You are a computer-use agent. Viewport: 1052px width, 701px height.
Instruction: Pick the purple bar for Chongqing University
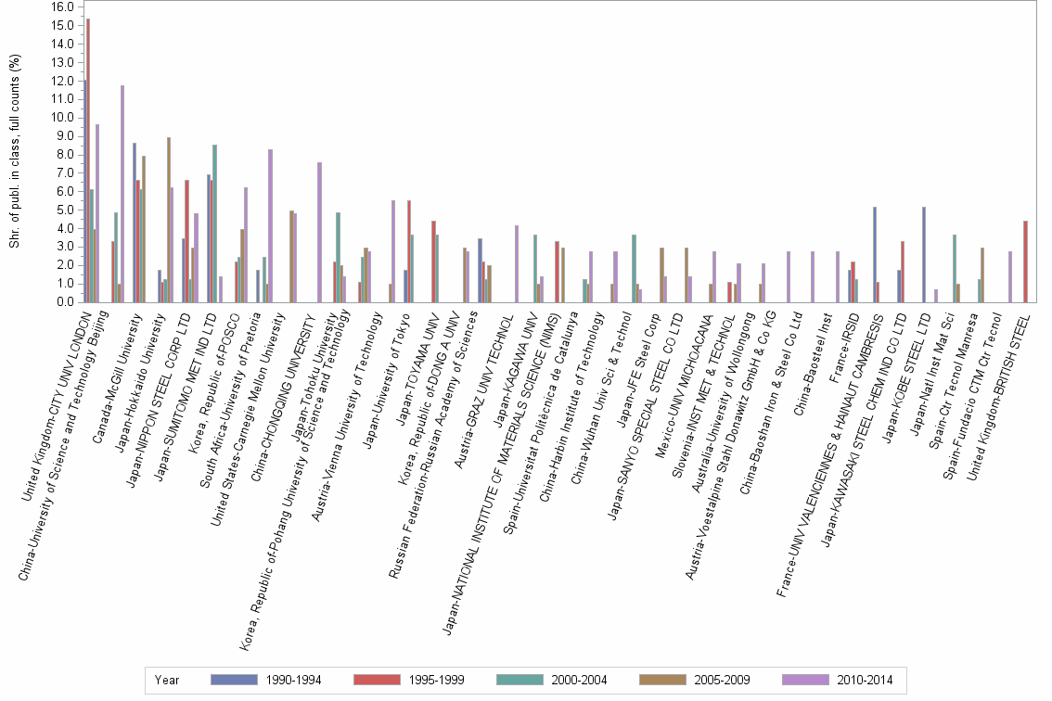pyautogui.click(x=319, y=232)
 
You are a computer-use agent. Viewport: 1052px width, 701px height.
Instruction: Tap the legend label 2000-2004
pyautogui.click(x=577, y=681)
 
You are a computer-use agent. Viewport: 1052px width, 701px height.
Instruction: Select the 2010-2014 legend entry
pyautogui.click(x=864, y=681)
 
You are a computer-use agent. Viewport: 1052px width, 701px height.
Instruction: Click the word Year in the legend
pyautogui.click(x=168, y=681)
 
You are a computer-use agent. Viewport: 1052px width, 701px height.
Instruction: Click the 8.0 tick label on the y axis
pyautogui.click(x=64, y=154)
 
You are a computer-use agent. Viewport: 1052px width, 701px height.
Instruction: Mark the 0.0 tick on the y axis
pyautogui.click(x=64, y=301)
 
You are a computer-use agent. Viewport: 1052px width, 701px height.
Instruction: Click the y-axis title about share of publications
pyautogui.click(x=14, y=153)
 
